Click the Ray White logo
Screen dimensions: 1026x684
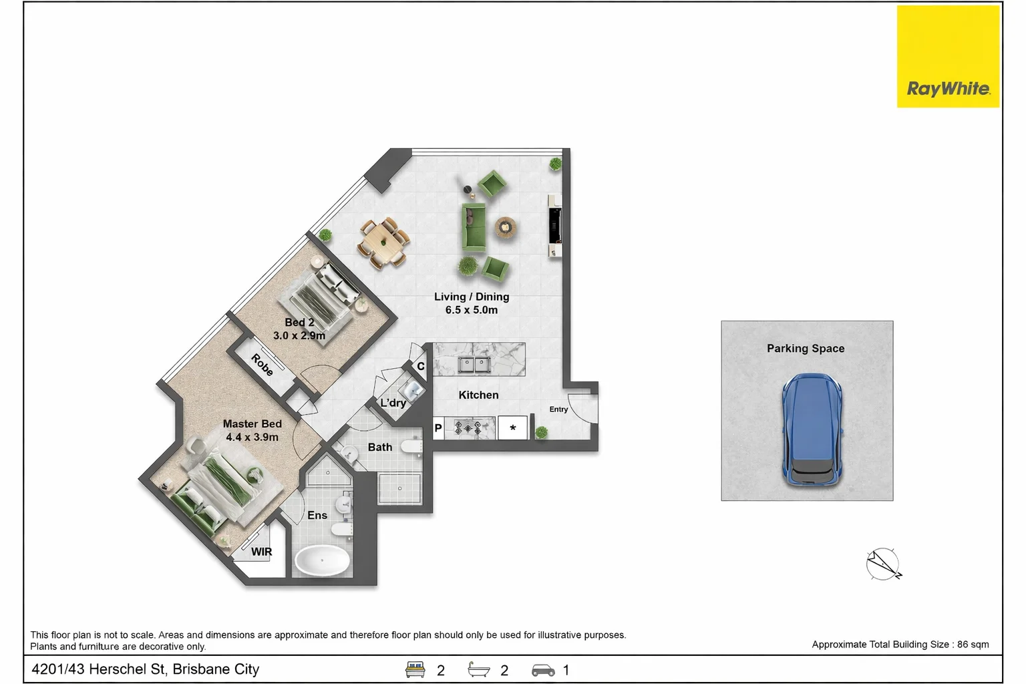(x=948, y=56)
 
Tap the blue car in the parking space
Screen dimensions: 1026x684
(x=812, y=430)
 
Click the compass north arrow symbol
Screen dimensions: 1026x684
(x=884, y=564)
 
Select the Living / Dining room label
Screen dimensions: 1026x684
(x=472, y=303)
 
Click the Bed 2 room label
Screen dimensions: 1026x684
(x=299, y=329)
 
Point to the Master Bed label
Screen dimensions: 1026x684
(x=252, y=431)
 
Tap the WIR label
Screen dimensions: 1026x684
(x=262, y=552)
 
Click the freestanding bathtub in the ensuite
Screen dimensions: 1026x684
(x=322, y=560)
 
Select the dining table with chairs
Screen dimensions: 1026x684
(x=383, y=243)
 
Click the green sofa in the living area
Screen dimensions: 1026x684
(x=474, y=227)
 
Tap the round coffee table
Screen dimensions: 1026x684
(x=505, y=227)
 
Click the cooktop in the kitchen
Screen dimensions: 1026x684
(x=468, y=428)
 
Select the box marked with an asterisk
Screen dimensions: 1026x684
(x=512, y=427)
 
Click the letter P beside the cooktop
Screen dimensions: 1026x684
(x=438, y=428)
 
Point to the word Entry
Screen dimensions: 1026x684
(x=559, y=409)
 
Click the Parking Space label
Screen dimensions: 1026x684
(x=806, y=348)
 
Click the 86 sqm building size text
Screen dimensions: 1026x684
(x=973, y=644)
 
